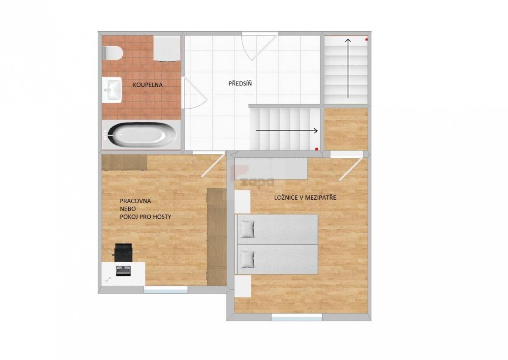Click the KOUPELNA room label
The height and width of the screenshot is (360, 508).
tap(148, 85)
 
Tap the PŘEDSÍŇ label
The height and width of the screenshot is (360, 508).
tap(240, 84)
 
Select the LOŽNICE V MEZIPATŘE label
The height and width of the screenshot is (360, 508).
tap(305, 198)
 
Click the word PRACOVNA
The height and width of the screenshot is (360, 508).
tap(135, 201)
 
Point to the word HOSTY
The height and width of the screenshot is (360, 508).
tap(162, 217)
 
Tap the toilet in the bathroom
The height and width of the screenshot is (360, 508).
tap(112, 53)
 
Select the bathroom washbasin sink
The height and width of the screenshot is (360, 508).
tap(112, 90)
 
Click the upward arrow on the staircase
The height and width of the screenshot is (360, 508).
tap(348, 69)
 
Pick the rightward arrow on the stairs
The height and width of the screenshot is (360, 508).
tap(287, 131)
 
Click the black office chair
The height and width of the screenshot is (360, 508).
tap(123, 253)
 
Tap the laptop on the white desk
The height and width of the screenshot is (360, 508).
tap(124, 271)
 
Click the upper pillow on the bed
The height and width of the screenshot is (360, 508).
tap(247, 229)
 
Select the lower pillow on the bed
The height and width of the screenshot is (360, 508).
tap(247, 260)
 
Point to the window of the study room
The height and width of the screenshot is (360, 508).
tap(166, 290)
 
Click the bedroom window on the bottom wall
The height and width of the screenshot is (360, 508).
tap(297, 317)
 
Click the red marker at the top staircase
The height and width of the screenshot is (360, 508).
tap(366, 40)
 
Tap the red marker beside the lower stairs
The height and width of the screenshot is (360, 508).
tap(317, 149)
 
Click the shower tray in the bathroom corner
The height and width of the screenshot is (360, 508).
tap(167, 48)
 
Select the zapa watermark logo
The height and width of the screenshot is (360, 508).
tap(252, 177)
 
